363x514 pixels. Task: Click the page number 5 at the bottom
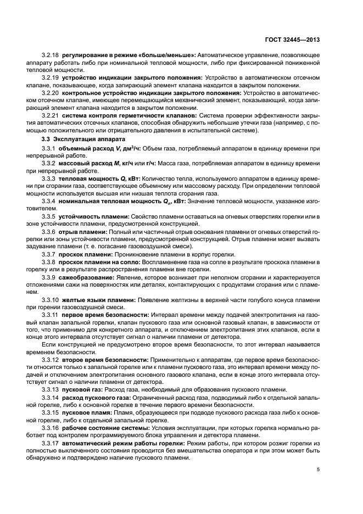[x=319, y=470]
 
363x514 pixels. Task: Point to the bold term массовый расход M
[x=87, y=164]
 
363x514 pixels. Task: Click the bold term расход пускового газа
[x=94, y=396]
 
